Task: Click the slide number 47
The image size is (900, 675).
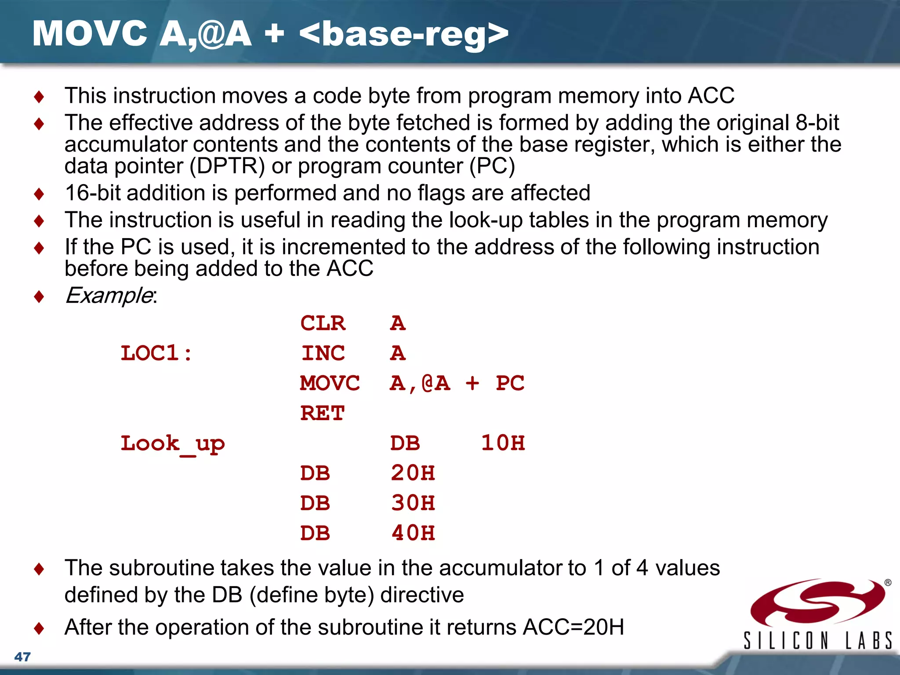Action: pyautogui.click(x=22, y=657)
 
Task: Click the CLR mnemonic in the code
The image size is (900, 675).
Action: pyautogui.click(x=323, y=323)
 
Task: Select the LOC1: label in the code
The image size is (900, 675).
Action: pyautogui.click(x=156, y=353)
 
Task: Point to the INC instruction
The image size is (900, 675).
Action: pyautogui.click(x=323, y=353)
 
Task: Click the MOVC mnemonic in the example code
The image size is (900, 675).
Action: pyautogui.click(x=330, y=383)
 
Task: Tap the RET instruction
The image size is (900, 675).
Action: pyautogui.click(x=322, y=413)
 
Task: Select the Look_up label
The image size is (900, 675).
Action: pyautogui.click(x=172, y=444)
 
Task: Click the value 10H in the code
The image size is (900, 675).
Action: pyautogui.click(x=503, y=443)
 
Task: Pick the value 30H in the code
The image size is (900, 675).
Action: pyautogui.click(x=413, y=503)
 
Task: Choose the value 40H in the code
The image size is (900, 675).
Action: pyautogui.click(x=413, y=533)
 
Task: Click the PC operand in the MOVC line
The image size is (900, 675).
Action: pyautogui.click(x=510, y=383)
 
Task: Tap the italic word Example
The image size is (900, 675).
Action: pyautogui.click(x=109, y=295)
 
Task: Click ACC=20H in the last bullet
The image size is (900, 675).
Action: pyautogui.click(x=573, y=627)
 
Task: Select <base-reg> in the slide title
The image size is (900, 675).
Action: pyautogui.click(x=403, y=34)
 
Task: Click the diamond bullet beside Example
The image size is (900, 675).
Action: pyautogui.click(x=39, y=297)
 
